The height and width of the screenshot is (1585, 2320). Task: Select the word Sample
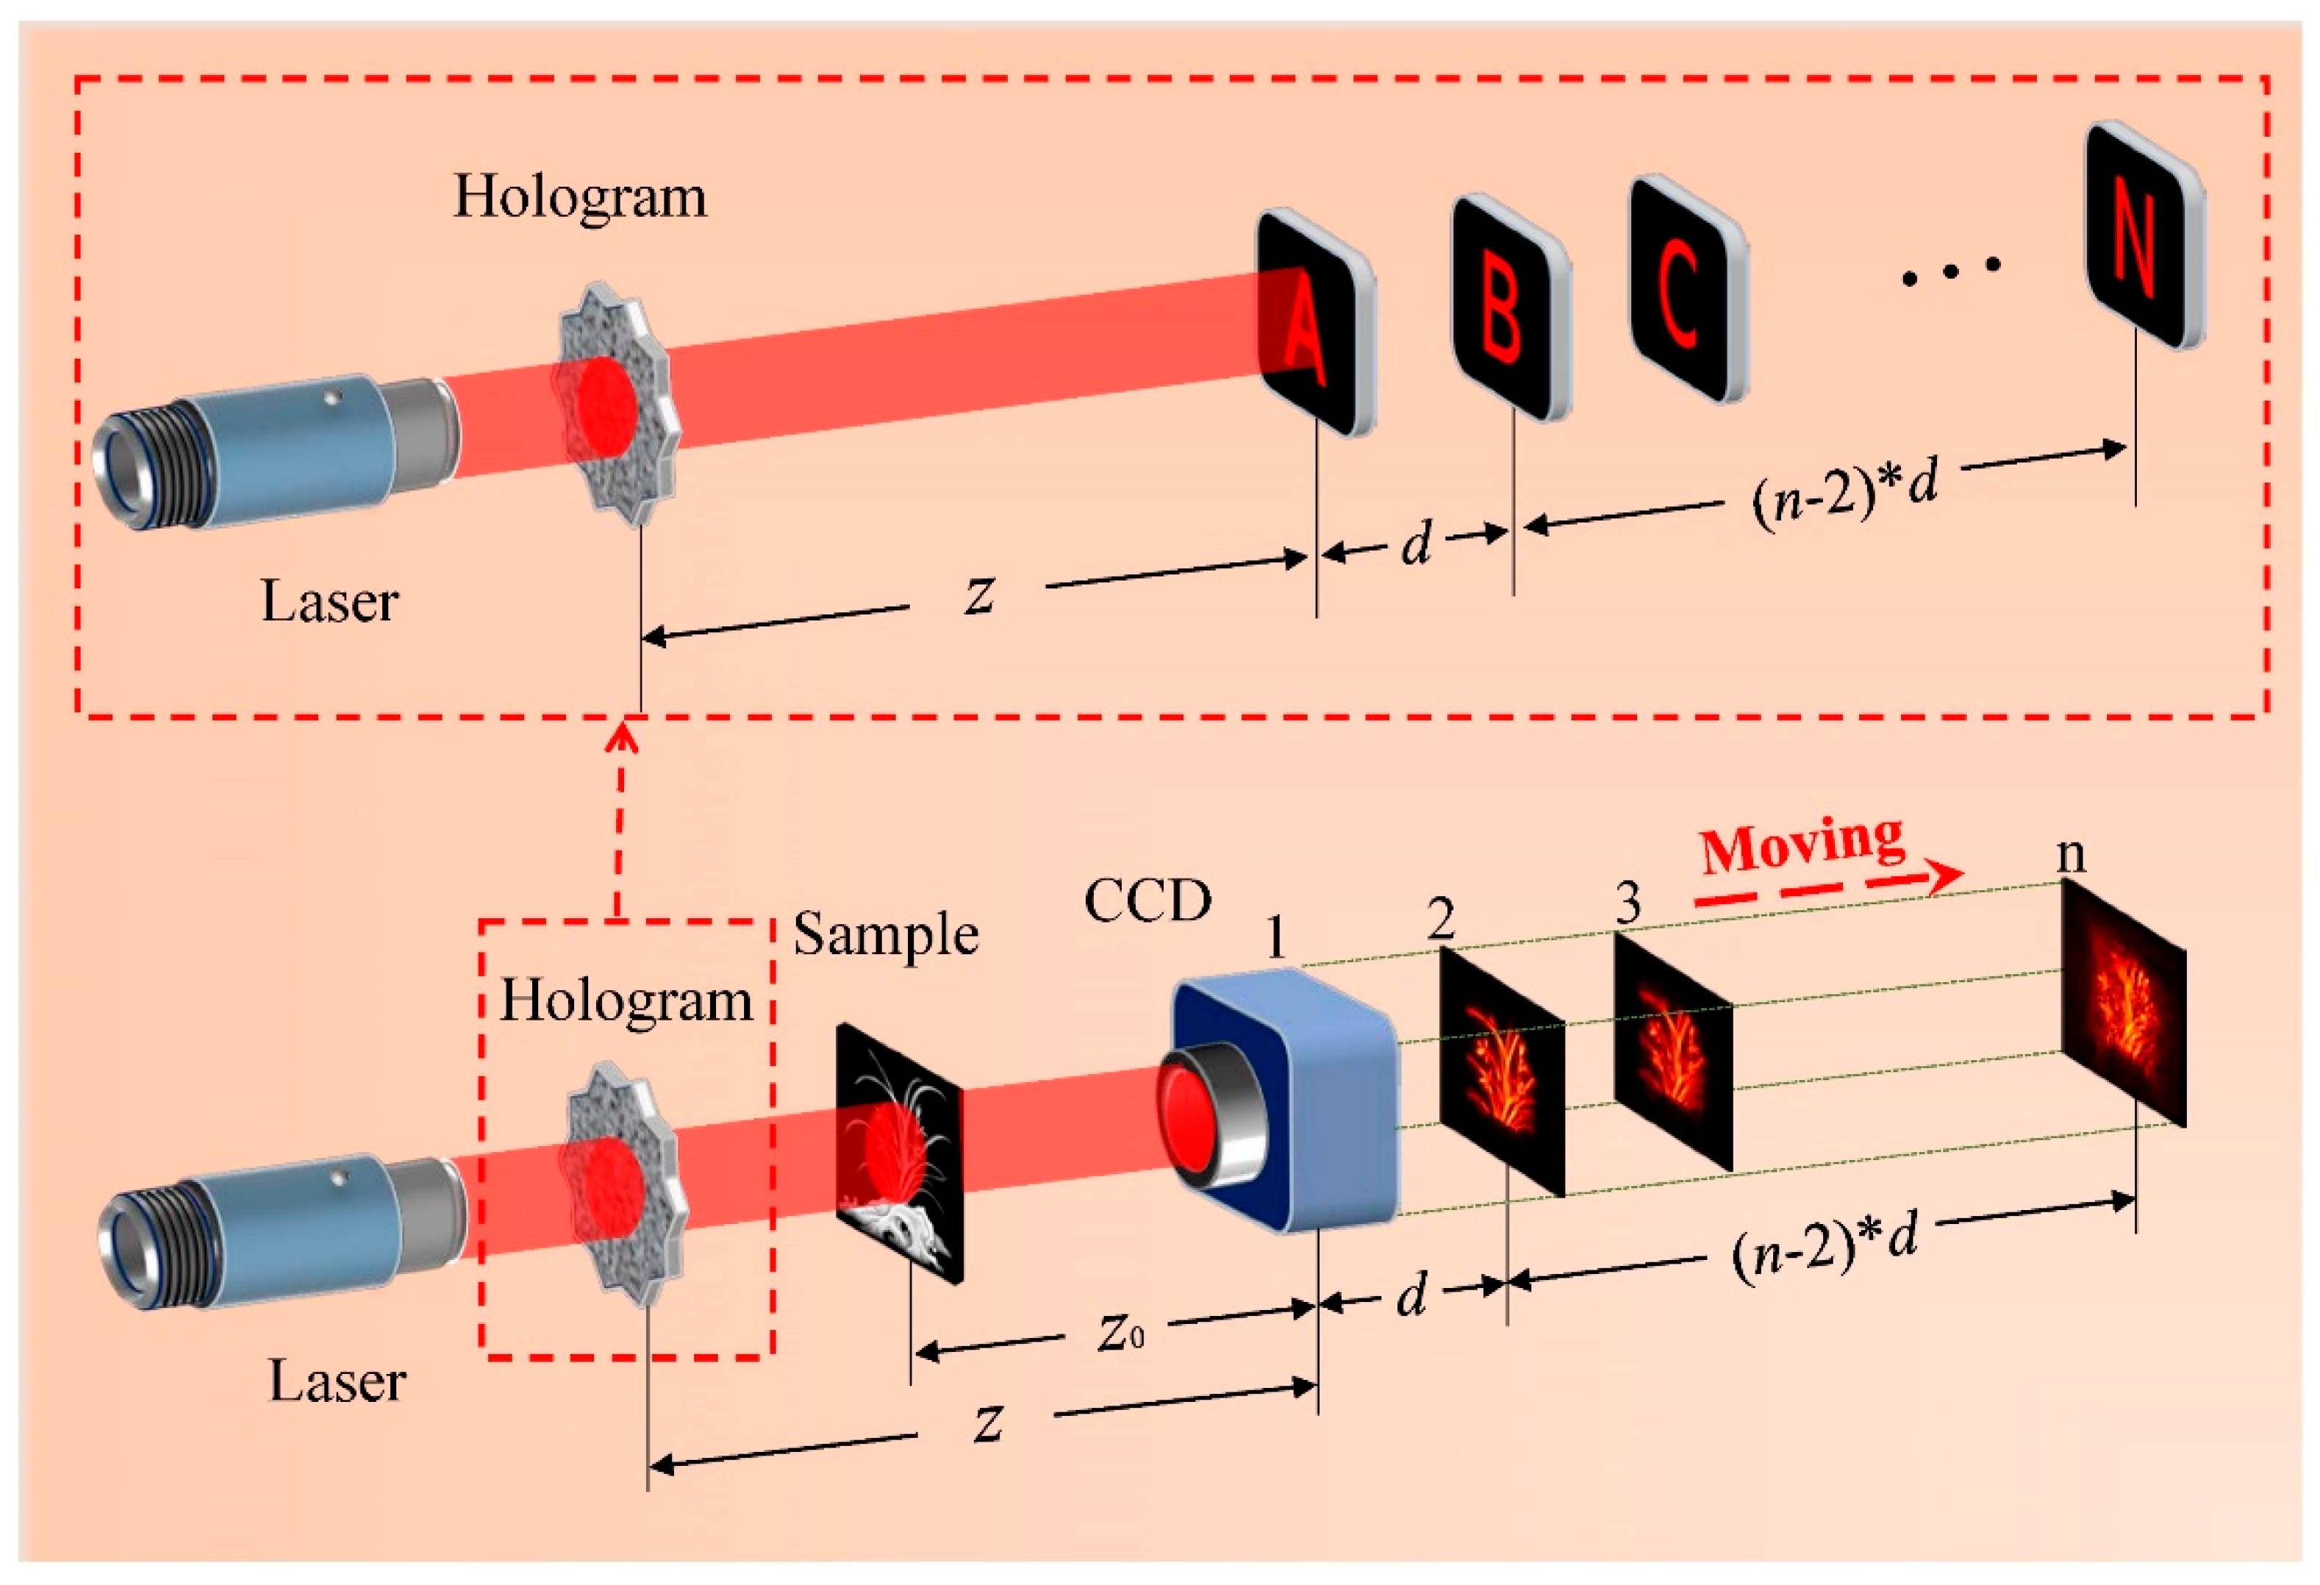[x=886, y=935]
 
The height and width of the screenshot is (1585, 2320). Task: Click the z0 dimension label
[x=1120, y=1333]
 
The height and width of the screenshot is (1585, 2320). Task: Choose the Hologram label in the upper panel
[x=580, y=196]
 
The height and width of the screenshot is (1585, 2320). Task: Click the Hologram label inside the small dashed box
[x=626, y=999]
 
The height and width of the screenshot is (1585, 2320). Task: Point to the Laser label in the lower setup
[x=337, y=1381]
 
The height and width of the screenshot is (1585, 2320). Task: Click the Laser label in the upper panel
[x=329, y=602]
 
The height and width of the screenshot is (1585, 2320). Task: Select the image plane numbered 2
[x=1501, y=1073]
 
